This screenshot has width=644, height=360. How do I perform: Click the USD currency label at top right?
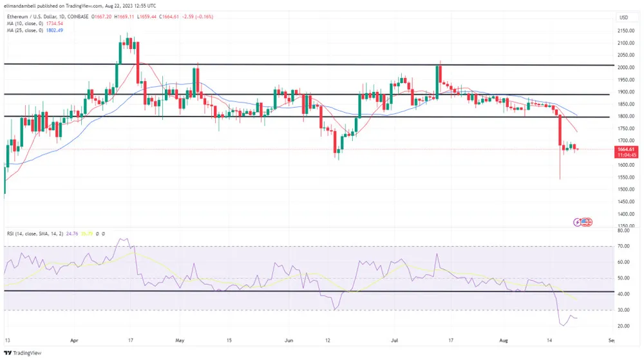[624, 17]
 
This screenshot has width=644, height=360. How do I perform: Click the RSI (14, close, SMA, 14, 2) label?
[33, 233]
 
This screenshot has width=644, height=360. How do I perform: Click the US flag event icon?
[586, 222]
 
